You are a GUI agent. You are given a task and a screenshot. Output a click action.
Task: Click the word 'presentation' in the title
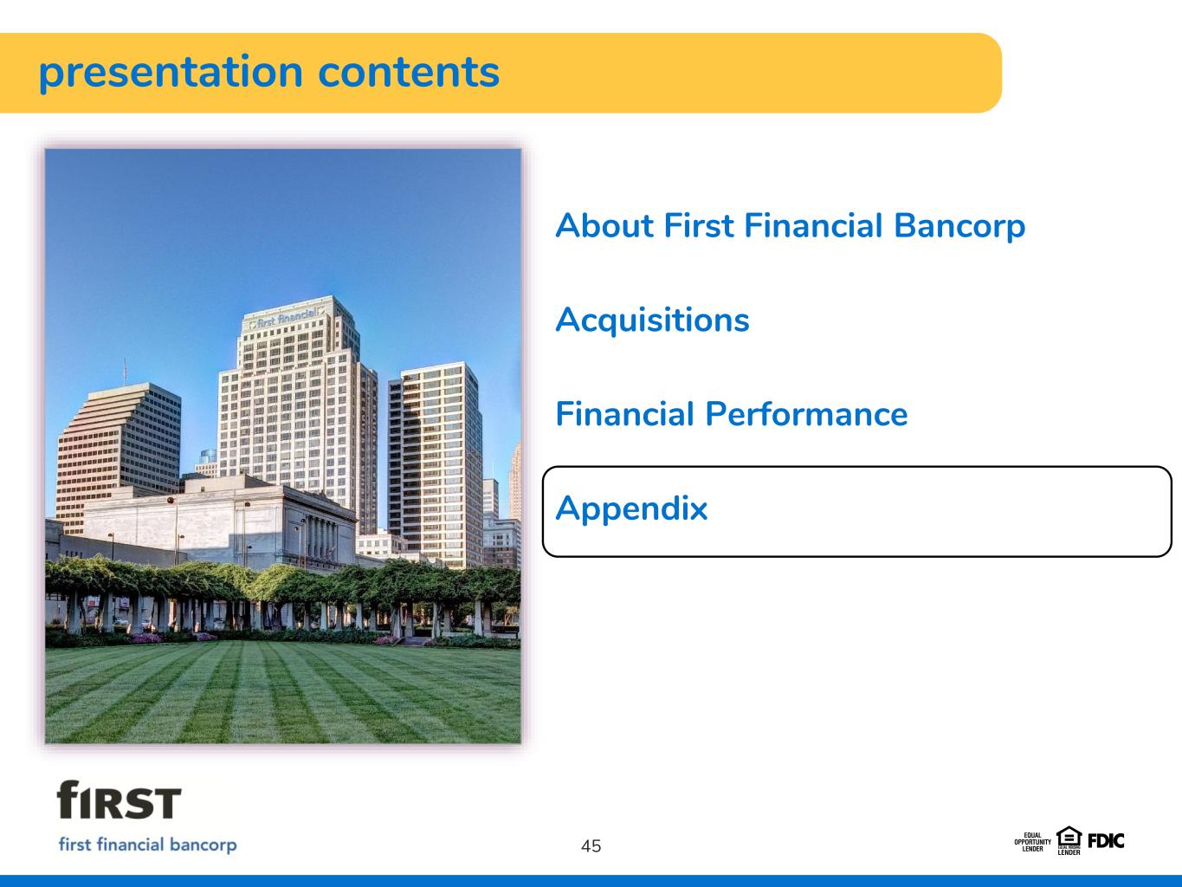(171, 74)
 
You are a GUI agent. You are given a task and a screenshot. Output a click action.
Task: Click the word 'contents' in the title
(409, 72)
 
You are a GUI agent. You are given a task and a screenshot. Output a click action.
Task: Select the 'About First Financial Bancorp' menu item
(790, 226)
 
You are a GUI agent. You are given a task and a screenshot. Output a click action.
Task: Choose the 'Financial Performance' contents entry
(731, 414)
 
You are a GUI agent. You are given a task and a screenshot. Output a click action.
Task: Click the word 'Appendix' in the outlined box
(631, 509)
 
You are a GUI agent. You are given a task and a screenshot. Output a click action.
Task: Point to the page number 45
(591, 846)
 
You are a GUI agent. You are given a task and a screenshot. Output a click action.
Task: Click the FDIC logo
(1106, 841)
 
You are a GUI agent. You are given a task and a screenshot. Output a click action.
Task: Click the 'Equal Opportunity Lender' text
(1033, 842)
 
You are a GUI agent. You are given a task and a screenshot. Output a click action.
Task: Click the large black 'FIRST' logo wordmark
(119, 800)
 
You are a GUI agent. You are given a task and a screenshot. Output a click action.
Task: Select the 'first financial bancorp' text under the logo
(147, 845)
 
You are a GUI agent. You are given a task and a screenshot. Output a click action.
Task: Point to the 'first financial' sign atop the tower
(287, 318)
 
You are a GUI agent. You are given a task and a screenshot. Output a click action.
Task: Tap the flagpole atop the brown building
(125, 372)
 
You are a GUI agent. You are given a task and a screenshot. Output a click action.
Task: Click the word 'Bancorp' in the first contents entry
(959, 226)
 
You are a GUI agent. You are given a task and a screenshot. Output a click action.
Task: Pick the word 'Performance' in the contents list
(807, 414)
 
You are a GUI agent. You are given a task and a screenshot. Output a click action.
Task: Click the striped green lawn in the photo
(282, 694)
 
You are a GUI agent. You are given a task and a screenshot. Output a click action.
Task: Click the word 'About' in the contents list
(604, 225)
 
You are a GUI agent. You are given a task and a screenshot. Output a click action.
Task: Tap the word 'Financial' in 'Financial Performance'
(624, 413)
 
